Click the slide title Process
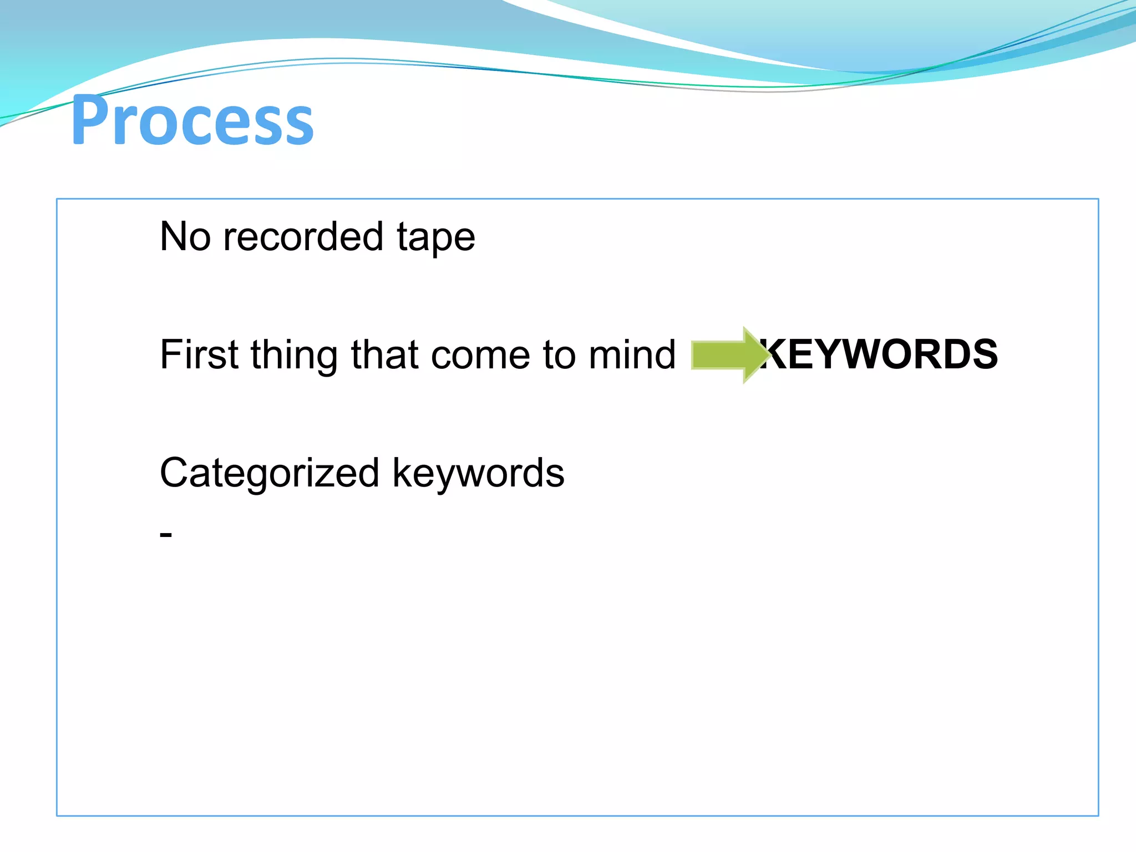pos(192,120)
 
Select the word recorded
pos(303,237)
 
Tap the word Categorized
pos(270,474)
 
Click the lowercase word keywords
pos(478,474)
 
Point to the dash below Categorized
pos(166,535)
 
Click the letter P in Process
pos(88,120)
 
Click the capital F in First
pos(170,354)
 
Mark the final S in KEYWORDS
pos(983,354)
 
